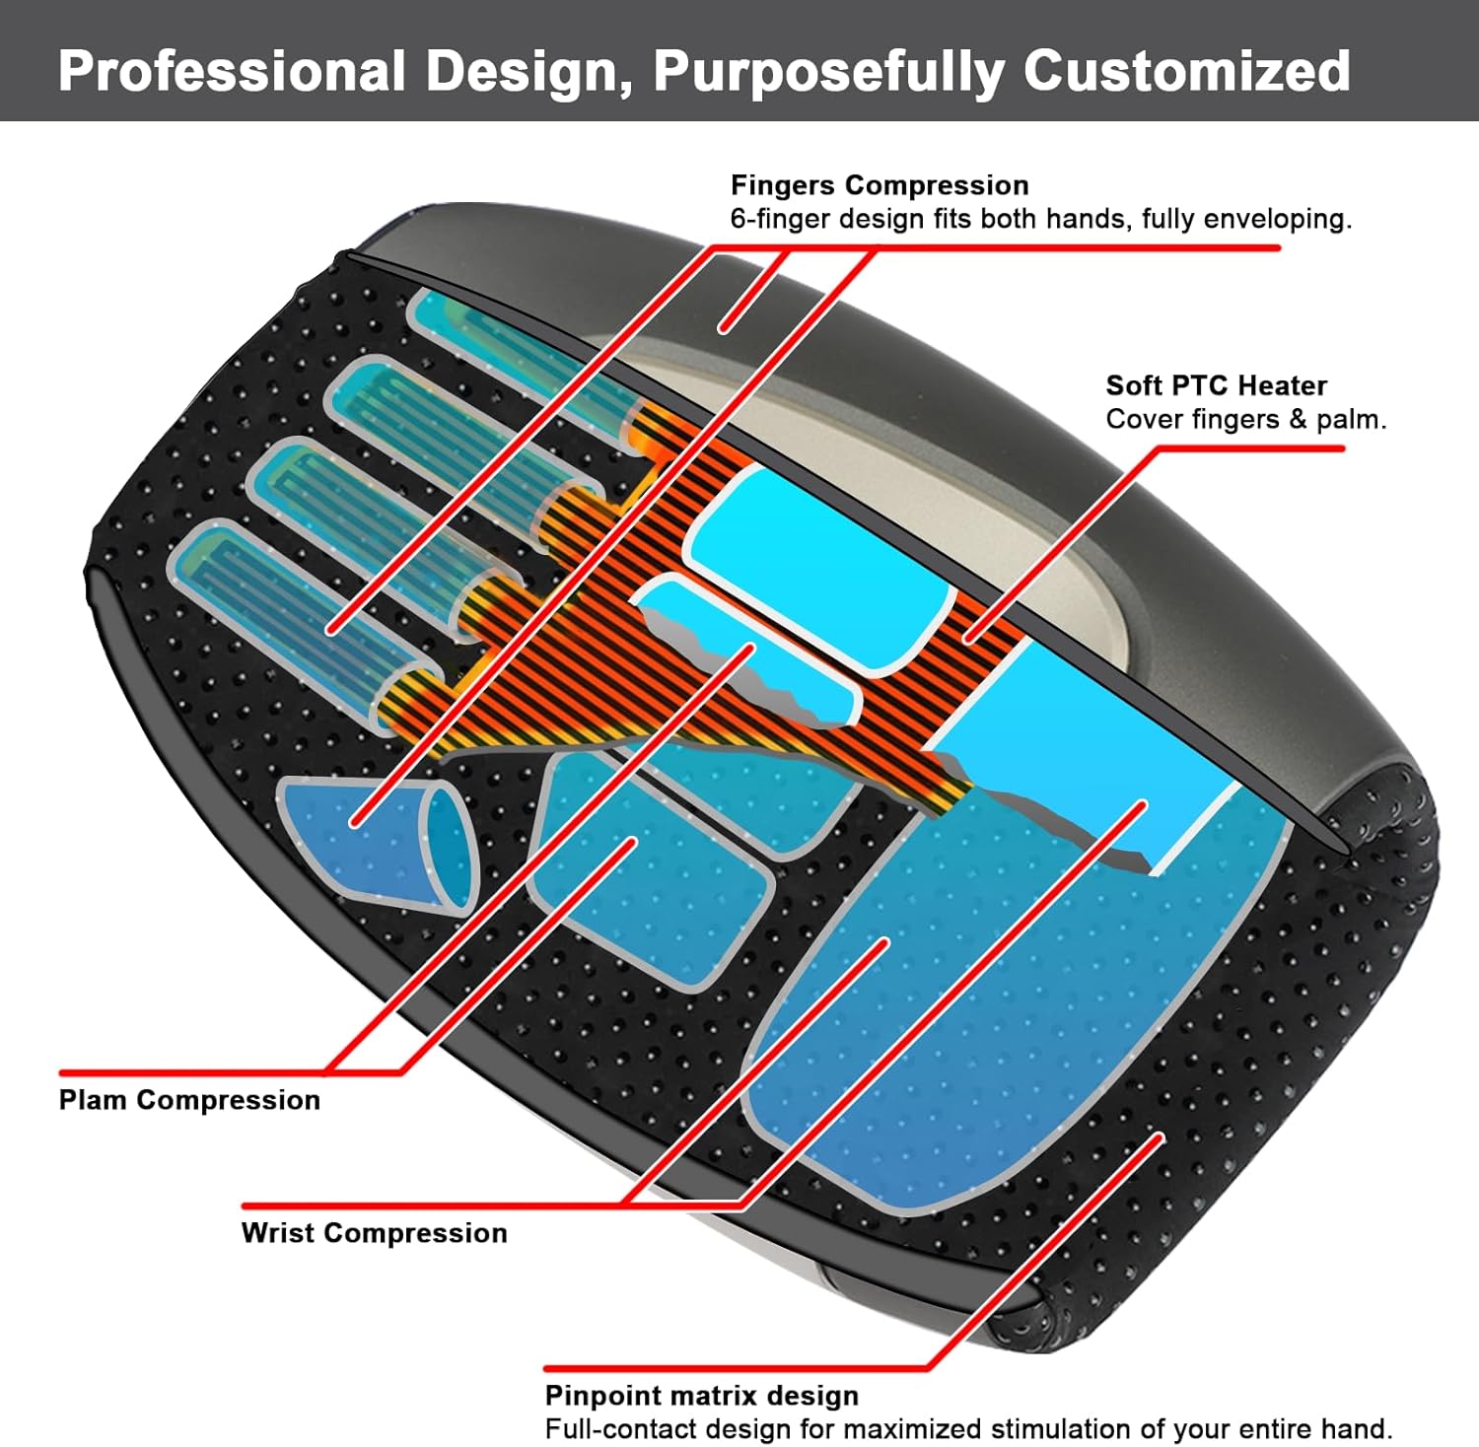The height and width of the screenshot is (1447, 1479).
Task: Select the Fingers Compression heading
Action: coord(880,185)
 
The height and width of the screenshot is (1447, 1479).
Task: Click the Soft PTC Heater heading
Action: coord(1216,385)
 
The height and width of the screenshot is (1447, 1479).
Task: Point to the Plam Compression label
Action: coord(189,1100)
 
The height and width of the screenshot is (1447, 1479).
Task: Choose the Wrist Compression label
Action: coord(374,1233)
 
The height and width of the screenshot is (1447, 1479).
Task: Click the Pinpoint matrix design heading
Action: coord(701,1396)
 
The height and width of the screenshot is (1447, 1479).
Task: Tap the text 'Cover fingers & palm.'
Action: coord(1245,419)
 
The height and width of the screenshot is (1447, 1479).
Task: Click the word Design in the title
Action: coord(528,71)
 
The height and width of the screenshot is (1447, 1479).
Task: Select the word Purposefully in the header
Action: coord(828,71)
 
